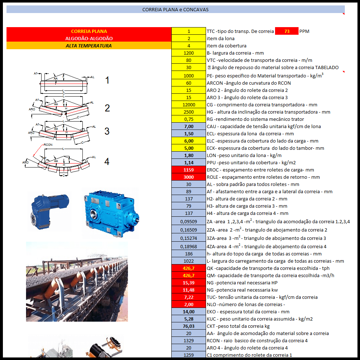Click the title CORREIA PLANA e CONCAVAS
coord(175,10)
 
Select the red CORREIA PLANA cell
coord(89,31)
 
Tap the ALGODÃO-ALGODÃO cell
coord(89,39)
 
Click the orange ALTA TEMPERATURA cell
coord(89,46)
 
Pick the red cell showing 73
coord(287,31)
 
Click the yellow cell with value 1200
coord(189,53)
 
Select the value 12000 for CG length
coord(189,105)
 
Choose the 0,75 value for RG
coord(189,119)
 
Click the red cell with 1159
coord(189,170)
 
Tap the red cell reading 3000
coord(189,177)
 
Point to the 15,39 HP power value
coord(189,283)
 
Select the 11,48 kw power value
coord(189,290)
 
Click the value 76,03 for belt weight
coord(189,326)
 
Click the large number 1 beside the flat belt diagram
coord(107,80)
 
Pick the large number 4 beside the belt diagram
coord(107,162)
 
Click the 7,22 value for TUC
coord(189,297)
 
